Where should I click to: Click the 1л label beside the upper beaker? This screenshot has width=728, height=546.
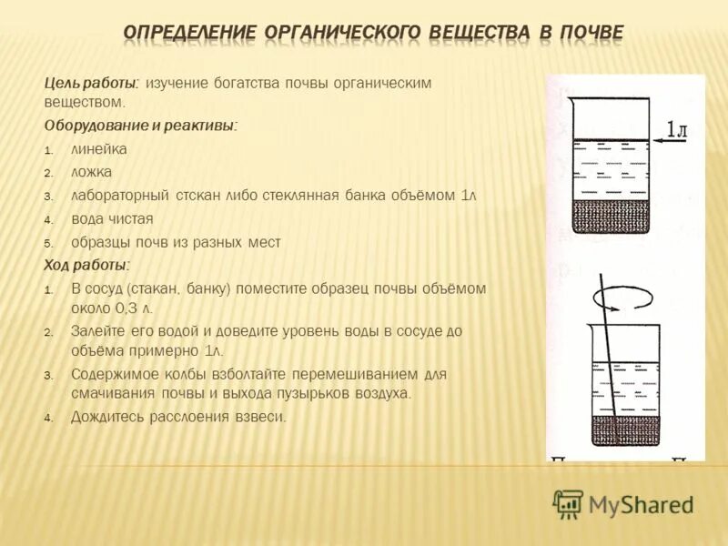pos(676,130)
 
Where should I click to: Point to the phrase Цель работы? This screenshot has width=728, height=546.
pos(91,83)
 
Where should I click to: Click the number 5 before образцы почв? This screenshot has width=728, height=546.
pos(50,243)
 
